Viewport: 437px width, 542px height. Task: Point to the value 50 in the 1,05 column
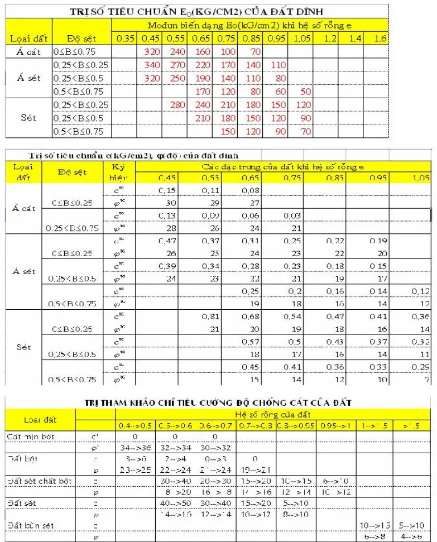(x=303, y=92)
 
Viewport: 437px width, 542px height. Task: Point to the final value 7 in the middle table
(x=426, y=379)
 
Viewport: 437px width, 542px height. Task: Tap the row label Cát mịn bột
(x=32, y=435)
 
